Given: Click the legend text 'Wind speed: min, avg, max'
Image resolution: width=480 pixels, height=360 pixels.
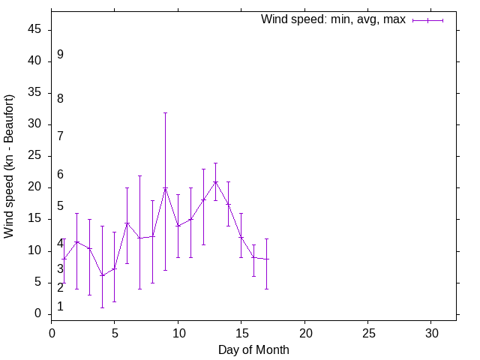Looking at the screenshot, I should pos(333,19).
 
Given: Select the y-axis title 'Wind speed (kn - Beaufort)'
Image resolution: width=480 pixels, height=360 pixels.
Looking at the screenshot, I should pos(9,166).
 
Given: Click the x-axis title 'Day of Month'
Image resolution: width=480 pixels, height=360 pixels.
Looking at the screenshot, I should pos(253,349).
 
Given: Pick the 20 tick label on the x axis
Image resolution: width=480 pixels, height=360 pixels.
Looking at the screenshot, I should pos(304,331).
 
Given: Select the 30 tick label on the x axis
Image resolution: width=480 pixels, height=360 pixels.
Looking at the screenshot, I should pos(431,331).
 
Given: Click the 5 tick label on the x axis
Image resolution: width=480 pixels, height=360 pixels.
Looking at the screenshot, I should pos(115,331).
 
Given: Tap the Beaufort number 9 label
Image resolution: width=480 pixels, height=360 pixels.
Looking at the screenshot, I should pos(60,55).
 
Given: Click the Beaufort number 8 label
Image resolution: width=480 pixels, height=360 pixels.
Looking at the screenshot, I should pos(60,98).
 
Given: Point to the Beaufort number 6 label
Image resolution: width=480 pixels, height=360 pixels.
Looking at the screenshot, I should pos(60,175).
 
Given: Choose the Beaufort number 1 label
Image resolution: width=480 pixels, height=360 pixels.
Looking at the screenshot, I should pos(60,307).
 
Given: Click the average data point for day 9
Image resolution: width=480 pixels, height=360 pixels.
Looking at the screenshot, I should pos(165,187).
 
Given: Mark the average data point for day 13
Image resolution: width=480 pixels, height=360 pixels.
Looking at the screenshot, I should pos(216,181).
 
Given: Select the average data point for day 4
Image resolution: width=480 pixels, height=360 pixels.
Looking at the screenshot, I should pos(102,275).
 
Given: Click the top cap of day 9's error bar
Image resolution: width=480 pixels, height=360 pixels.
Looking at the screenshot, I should pos(165,112).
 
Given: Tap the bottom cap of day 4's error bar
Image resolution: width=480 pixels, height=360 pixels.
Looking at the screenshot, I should pos(102,307).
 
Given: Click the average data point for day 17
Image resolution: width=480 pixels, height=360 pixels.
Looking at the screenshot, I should pos(266,259).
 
